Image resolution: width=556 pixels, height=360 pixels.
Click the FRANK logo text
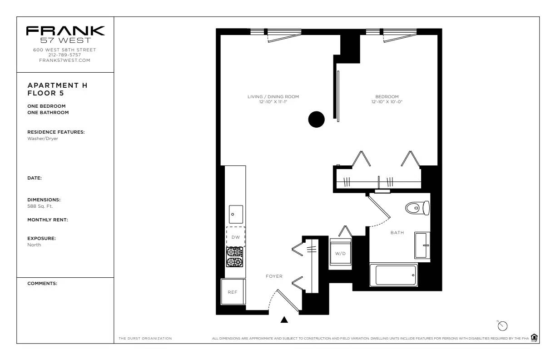[65, 31]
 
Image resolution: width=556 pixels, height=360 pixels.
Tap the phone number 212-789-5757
[65, 55]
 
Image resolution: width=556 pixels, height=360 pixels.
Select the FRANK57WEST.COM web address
[65, 60]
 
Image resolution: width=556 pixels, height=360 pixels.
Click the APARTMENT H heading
[57, 85]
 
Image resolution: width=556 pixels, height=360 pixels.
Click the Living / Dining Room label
[273, 97]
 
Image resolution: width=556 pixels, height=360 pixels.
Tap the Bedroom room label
[387, 97]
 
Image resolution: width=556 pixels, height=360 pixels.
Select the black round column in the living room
[317, 119]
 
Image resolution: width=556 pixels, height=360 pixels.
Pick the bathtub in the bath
[393, 275]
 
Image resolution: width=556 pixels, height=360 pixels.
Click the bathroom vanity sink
[422, 245]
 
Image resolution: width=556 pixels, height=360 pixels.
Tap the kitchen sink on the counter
[236, 214]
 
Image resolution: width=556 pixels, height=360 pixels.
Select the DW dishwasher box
[236, 237]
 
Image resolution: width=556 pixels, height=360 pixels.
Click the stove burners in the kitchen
[234, 257]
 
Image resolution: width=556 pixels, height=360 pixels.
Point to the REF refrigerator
[233, 292]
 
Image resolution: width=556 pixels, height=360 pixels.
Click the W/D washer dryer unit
[340, 253]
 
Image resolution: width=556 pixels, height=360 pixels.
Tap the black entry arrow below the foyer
[284, 320]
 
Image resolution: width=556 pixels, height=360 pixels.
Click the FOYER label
[274, 276]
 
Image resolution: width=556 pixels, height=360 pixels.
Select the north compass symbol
[502, 325]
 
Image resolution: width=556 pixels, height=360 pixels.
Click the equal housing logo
[534, 337]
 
